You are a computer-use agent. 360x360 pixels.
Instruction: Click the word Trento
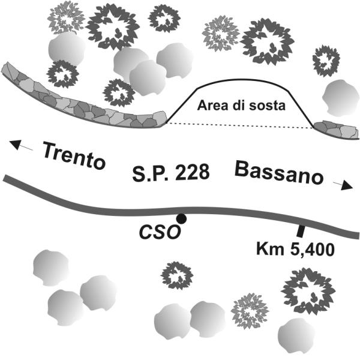[x=74, y=156]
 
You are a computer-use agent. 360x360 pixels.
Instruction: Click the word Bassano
[x=279, y=173]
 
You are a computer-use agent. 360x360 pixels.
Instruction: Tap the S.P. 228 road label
[x=171, y=172]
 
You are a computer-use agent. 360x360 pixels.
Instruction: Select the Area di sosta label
[x=241, y=106]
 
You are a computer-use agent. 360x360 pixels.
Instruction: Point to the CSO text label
[x=160, y=232]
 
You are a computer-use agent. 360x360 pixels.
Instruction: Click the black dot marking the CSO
[x=181, y=219]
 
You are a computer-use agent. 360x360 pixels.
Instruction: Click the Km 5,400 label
[x=295, y=250]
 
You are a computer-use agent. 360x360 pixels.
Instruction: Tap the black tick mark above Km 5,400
[x=300, y=231]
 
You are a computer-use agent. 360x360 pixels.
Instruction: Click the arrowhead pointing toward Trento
[x=15, y=145]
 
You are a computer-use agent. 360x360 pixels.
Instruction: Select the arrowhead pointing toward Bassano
[x=347, y=185]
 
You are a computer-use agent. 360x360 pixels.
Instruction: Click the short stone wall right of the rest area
[x=337, y=130]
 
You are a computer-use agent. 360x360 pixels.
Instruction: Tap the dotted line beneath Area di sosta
[x=239, y=125]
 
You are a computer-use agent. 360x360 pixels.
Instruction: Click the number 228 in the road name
[x=193, y=172]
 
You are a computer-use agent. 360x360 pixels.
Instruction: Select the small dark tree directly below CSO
[x=177, y=275]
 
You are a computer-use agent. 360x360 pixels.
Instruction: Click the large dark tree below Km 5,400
[x=308, y=293]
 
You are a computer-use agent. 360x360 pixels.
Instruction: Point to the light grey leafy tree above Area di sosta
[x=221, y=33]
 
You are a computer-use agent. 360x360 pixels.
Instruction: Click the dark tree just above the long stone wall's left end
[x=62, y=74]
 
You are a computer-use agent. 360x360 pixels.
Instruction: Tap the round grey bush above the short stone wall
[x=340, y=98]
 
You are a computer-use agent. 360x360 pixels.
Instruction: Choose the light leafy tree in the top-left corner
[x=66, y=17]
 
